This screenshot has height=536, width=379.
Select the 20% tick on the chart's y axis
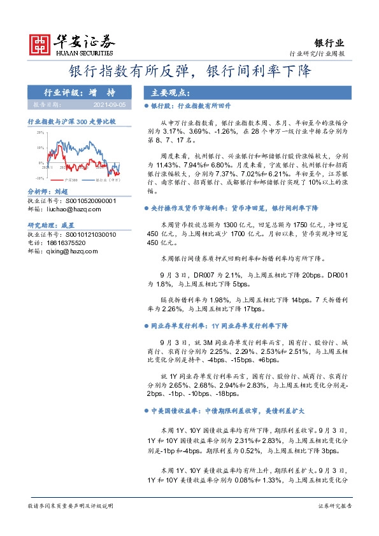point(39,132)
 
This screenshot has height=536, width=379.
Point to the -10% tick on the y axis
point(39,178)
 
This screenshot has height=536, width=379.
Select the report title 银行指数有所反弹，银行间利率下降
point(190,71)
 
